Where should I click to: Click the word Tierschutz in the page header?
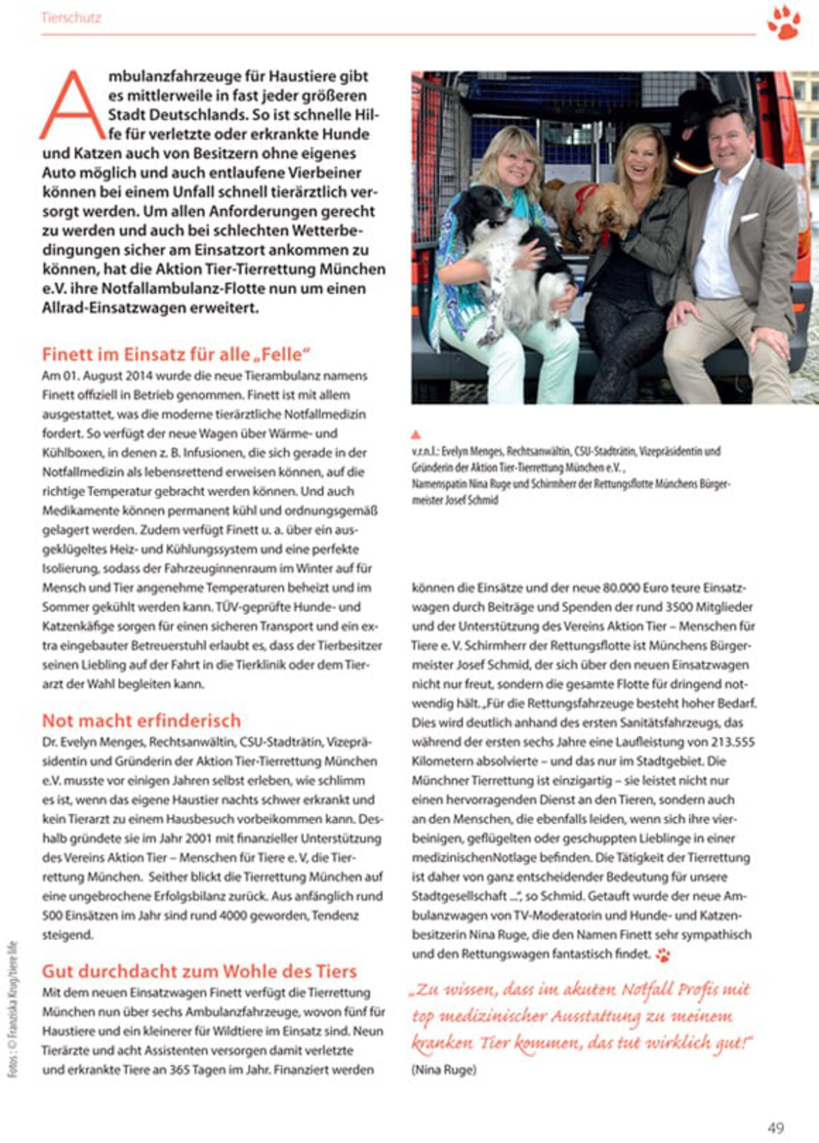pyautogui.click(x=71, y=18)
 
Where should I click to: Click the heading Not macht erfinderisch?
pyautogui.click(x=142, y=721)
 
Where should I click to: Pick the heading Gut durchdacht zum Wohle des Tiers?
pyautogui.click(x=199, y=971)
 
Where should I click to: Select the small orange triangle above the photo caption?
pyautogui.click(x=416, y=435)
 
